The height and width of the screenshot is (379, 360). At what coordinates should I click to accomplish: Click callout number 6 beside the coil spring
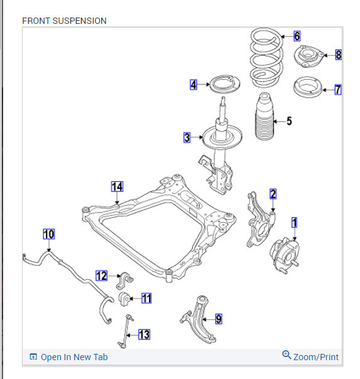click(x=297, y=36)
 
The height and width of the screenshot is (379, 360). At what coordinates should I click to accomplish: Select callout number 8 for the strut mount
click(x=339, y=55)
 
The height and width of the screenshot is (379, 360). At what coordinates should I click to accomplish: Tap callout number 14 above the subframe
click(x=117, y=186)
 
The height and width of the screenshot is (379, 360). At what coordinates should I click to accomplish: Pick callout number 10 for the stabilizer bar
click(x=49, y=234)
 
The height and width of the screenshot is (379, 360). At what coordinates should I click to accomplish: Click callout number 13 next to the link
click(x=145, y=334)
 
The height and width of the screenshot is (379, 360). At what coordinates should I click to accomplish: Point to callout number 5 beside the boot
click(x=290, y=121)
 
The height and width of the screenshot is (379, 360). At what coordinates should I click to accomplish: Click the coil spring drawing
click(x=266, y=58)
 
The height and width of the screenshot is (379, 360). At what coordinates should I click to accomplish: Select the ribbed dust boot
click(x=265, y=117)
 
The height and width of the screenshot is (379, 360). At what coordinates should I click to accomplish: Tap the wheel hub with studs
click(x=285, y=255)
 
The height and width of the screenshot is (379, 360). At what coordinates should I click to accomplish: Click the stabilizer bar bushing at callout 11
click(x=124, y=299)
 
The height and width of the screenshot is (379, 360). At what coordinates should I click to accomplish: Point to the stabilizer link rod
click(x=126, y=331)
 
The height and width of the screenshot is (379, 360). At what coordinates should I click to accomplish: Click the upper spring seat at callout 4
click(x=224, y=84)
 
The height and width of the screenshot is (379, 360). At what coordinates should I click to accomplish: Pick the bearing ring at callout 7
click(x=308, y=87)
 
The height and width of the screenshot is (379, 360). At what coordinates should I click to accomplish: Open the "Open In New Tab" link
click(x=68, y=357)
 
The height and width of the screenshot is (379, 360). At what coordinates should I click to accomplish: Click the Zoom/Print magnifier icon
click(x=286, y=355)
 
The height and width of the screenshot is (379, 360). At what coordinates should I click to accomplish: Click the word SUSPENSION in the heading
click(x=80, y=21)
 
